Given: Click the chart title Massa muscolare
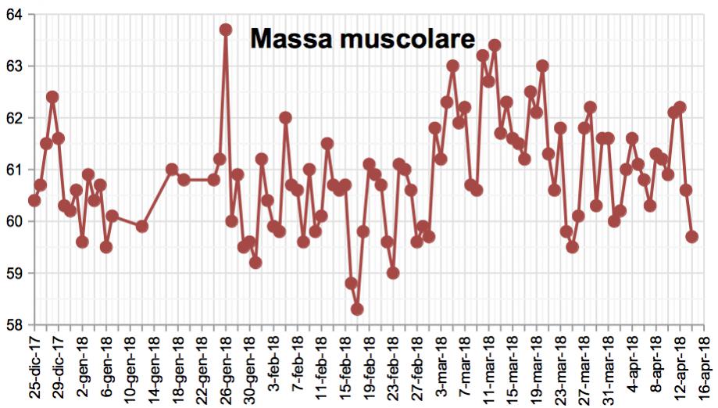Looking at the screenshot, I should coord(363,39).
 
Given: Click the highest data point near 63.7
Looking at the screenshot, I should coord(226,30).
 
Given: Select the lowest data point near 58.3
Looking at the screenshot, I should coord(357,310).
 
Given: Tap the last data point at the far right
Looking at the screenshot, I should coord(692,237).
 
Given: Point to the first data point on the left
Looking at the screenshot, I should coord(34,200).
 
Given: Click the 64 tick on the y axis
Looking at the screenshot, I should coord(15,14).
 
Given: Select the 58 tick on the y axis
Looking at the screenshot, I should coord(15,324).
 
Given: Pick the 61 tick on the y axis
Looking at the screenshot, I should coord(15,170).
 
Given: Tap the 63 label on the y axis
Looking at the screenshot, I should coord(15,66).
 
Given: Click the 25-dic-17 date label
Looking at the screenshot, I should coord(34,370).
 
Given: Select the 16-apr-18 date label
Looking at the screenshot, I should coord(705,370).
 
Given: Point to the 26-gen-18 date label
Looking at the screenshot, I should coord(226,370).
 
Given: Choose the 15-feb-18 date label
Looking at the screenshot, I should coord(345,370).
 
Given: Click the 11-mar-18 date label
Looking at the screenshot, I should coord(489,370).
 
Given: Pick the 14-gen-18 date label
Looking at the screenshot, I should coord(154,370).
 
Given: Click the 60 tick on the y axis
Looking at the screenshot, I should coord(15,221).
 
